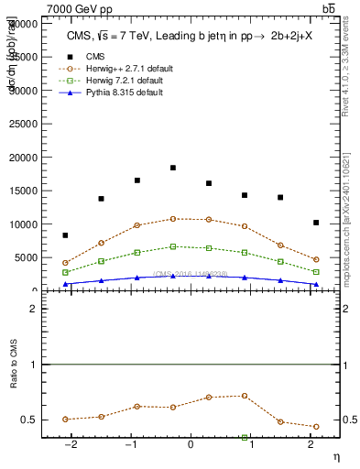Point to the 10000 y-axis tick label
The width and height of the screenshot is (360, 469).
pos(23,224)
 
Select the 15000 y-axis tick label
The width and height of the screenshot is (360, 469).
pos(23,191)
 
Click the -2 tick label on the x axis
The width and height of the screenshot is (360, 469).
pos(70,445)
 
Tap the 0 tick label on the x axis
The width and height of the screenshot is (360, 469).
pos(191,445)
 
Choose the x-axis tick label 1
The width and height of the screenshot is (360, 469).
pos(251,445)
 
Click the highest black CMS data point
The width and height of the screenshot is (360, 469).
pos(173,168)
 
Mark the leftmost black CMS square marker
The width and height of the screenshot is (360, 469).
pos(65,235)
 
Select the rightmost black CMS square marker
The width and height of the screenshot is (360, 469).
pos(316,223)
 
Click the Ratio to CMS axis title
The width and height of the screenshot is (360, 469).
pos(14,387)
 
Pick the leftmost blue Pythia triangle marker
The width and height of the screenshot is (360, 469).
pos(65,284)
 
